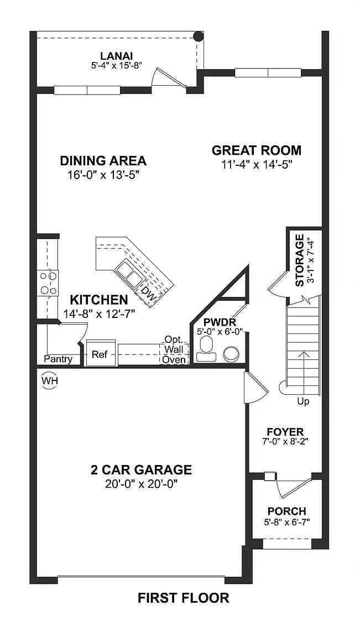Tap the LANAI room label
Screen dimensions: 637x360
pos(117,55)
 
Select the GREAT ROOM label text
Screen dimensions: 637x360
pos(257,150)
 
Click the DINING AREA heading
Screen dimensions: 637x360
pos(103,161)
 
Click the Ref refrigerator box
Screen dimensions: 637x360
pos(100,354)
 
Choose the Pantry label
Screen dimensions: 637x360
pos(58,359)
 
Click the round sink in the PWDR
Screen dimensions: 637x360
pos(230,353)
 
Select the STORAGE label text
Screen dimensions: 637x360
pos(300,260)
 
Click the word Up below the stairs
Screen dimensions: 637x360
pos(303,401)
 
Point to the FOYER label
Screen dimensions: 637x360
pos(285,431)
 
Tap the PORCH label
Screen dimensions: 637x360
pos(286,511)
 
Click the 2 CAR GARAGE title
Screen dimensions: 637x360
pos(141,470)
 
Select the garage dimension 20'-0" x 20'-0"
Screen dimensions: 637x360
pos(141,484)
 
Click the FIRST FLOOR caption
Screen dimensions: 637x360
pos(183,598)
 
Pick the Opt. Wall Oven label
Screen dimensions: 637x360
pos(174,349)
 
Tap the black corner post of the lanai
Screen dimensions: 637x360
pos(197,37)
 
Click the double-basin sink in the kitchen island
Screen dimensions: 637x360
pos(128,274)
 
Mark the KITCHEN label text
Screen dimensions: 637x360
pos(99,300)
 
